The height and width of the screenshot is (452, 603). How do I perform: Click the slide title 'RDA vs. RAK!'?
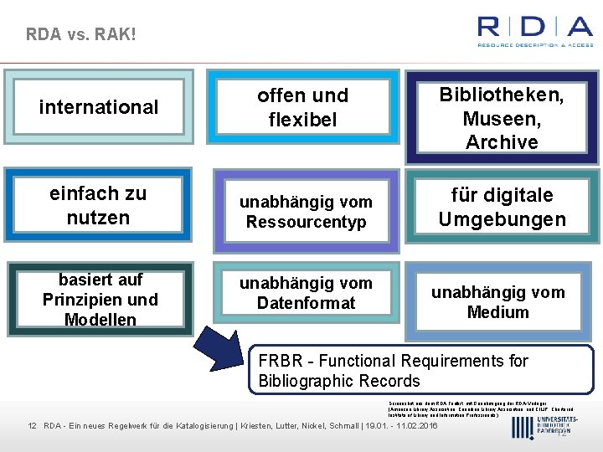click(x=80, y=34)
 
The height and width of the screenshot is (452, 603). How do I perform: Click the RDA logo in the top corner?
click(x=534, y=31)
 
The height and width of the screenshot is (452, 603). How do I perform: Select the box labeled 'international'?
click(x=99, y=107)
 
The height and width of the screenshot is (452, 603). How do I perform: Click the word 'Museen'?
click(x=502, y=119)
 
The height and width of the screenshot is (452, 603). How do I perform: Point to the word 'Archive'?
click(x=502, y=142)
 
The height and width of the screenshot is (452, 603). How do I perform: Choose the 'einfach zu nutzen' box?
click(x=98, y=206)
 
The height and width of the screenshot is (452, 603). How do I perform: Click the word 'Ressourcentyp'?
click(x=306, y=223)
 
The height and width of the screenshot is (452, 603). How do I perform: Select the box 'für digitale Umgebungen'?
click(x=502, y=208)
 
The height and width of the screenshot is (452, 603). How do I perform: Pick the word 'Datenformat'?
click(x=306, y=303)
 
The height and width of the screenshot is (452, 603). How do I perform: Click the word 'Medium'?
click(x=498, y=312)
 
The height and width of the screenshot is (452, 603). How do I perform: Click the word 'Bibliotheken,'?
click(x=502, y=95)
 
